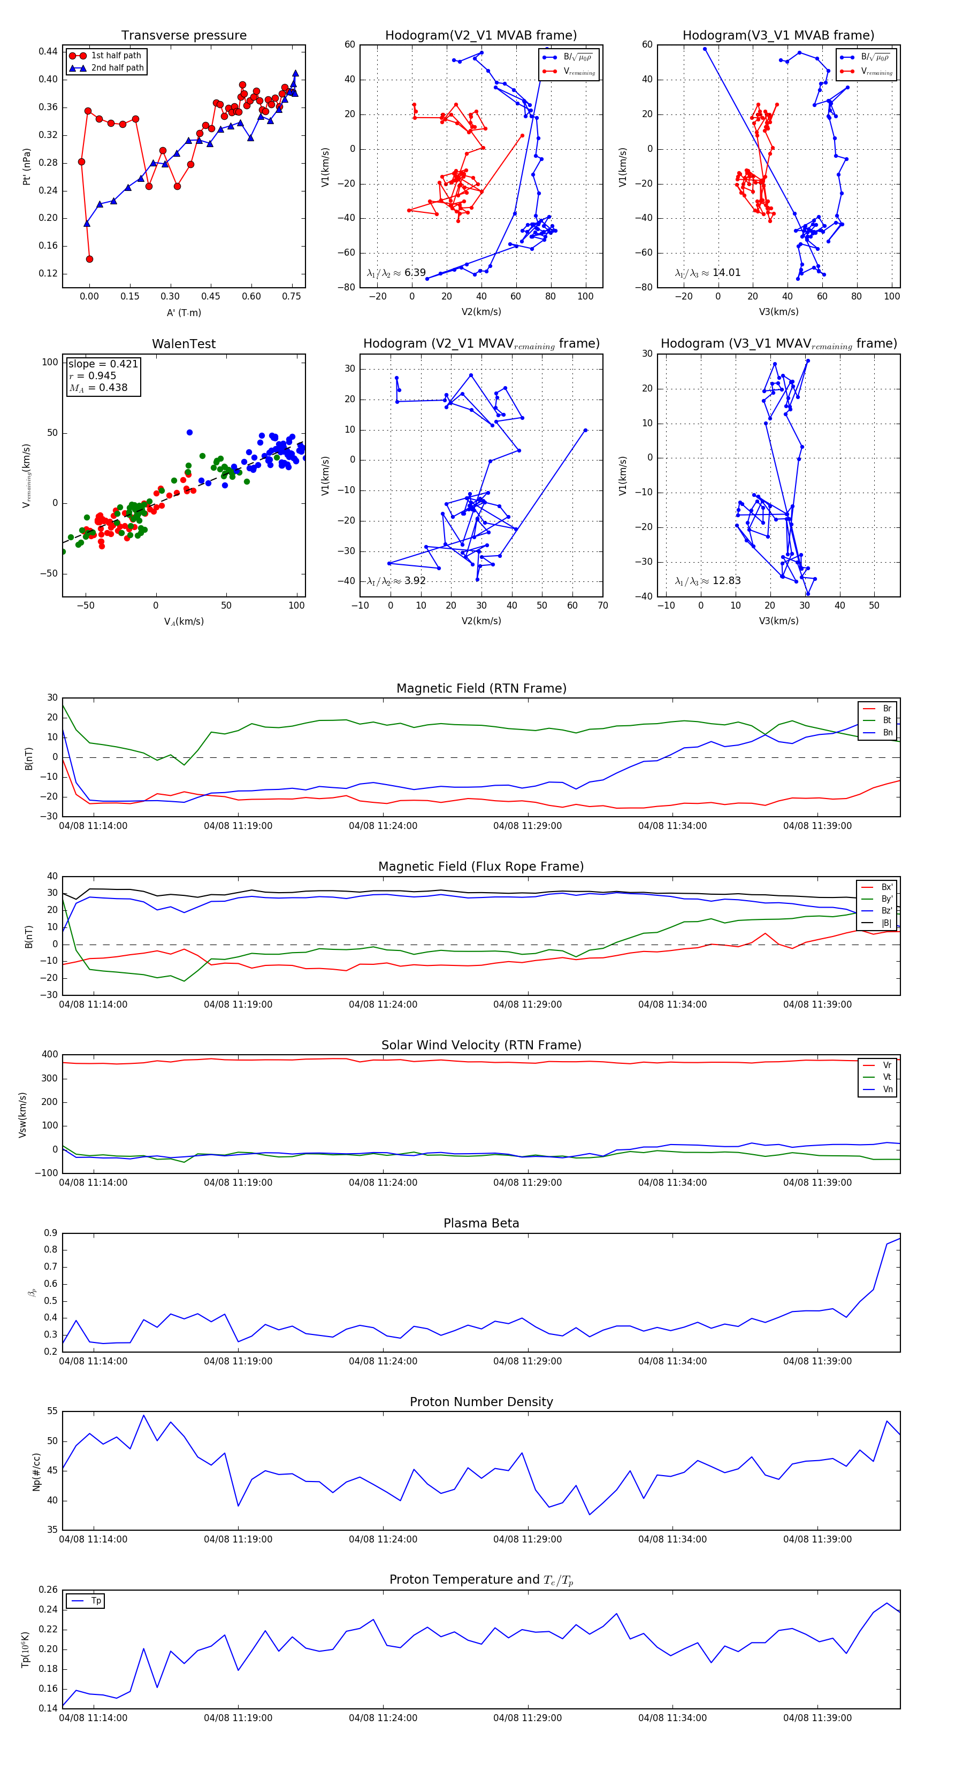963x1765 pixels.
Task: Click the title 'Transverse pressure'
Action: click(184, 36)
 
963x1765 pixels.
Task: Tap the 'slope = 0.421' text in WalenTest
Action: click(103, 364)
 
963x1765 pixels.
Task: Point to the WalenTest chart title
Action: click(184, 344)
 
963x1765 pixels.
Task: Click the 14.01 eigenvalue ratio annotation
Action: click(726, 273)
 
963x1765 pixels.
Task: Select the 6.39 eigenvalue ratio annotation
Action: click(415, 273)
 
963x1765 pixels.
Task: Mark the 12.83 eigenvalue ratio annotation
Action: click(726, 581)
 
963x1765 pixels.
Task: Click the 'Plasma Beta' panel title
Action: click(481, 1223)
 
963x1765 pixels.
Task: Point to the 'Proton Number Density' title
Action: click(481, 1402)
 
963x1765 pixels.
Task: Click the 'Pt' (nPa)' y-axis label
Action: click(27, 166)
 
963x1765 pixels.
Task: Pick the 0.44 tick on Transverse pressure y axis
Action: click(48, 51)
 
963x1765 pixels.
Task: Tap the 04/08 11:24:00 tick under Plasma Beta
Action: click(383, 1361)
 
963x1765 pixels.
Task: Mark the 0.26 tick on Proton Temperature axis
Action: click(48, 1590)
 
